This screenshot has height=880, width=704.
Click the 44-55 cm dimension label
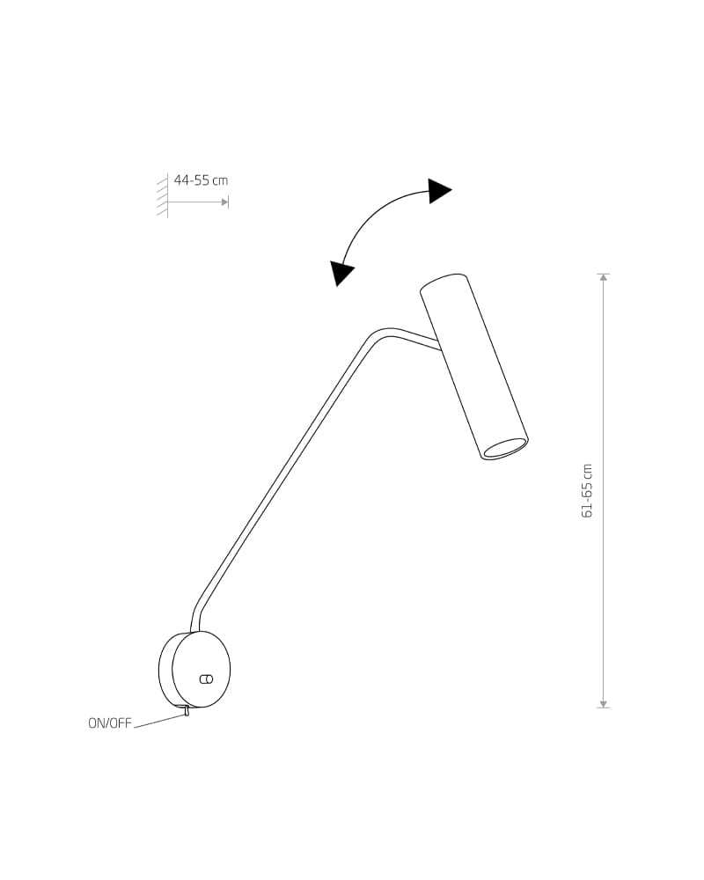coord(201,180)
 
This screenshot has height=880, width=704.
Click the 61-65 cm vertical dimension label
coord(587,490)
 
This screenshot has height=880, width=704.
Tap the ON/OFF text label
coord(109,723)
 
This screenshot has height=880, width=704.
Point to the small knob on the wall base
coord(206,679)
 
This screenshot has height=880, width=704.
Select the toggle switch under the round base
coord(186,712)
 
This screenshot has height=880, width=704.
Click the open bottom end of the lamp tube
coord(506,449)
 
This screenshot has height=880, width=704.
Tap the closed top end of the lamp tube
coord(444,282)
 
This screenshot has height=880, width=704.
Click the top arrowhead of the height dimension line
coord(604,277)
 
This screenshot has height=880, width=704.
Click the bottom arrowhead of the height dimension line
coord(604,704)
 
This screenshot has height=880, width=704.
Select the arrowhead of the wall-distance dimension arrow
coord(225,202)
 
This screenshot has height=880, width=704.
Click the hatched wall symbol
coord(162,195)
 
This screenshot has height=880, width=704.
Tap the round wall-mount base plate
coord(194,669)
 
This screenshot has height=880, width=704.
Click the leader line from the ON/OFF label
coord(159,721)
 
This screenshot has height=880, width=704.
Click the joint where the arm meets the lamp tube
coord(438,343)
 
